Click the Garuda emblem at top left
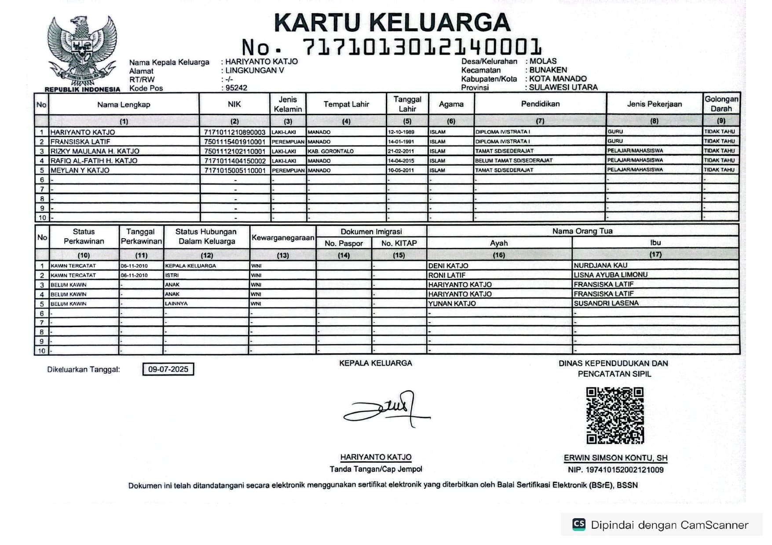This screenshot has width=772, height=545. pyautogui.click(x=82, y=51)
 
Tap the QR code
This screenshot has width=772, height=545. pyautogui.click(x=615, y=415)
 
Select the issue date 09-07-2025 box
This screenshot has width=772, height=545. pyautogui.click(x=168, y=369)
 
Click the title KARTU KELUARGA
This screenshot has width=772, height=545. pyautogui.click(x=392, y=23)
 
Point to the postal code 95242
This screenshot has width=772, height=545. pyautogui.click(x=236, y=88)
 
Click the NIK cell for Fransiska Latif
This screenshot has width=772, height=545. pyautogui.click(x=235, y=142)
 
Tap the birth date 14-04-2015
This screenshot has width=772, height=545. pyautogui.click(x=401, y=161)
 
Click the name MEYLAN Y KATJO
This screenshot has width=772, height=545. pyautogui.click(x=80, y=170)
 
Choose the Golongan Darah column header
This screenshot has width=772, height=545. pyautogui.click(x=721, y=104)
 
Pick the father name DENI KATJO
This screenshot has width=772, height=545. pyautogui.click(x=448, y=266)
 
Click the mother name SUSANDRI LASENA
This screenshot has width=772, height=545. pyautogui.click(x=606, y=303)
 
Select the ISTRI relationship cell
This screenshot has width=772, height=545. pyautogui.click(x=172, y=275)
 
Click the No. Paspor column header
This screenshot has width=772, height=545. pyautogui.click(x=344, y=243)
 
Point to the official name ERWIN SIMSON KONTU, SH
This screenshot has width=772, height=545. pyautogui.click(x=615, y=458)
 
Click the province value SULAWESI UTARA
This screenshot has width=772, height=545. pyautogui.click(x=563, y=87)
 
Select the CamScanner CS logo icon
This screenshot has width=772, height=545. pyautogui.click(x=579, y=524)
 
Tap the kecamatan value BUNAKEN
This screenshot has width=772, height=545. pyautogui.click(x=548, y=70)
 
